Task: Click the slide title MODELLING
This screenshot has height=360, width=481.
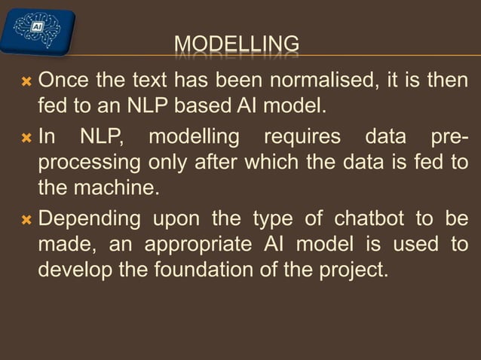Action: [237, 44]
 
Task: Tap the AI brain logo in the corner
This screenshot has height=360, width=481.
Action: [38, 29]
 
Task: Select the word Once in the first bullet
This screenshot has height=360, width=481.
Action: [63, 79]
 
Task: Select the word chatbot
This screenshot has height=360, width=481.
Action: [372, 219]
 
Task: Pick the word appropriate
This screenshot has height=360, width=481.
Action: [203, 244]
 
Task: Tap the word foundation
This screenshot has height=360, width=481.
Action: [215, 268]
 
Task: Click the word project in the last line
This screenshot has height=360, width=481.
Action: [354, 268]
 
